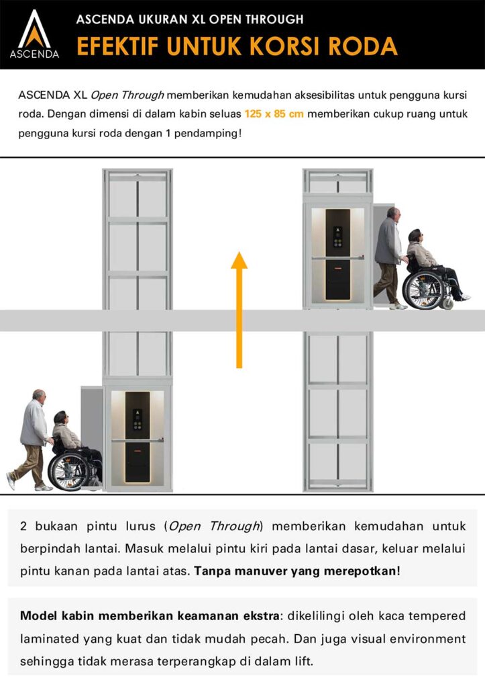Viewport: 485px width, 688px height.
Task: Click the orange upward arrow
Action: pyautogui.click(x=239, y=309)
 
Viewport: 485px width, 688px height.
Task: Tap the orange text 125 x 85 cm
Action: pyautogui.click(x=274, y=114)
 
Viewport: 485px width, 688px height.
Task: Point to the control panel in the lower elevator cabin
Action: pyautogui.click(x=138, y=420)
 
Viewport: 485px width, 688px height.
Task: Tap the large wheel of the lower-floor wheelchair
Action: pyautogui.click(x=69, y=471)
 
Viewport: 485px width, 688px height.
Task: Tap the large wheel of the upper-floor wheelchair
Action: pyautogui.click(x=422, y=290)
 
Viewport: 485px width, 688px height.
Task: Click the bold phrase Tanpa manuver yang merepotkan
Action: pyautogui.click(x=297, y=572)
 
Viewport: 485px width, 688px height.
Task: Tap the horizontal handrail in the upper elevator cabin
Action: pyautogui.click(x=337, y=256)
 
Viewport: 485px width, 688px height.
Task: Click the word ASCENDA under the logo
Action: pyautogui.click(x=34, y=53)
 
